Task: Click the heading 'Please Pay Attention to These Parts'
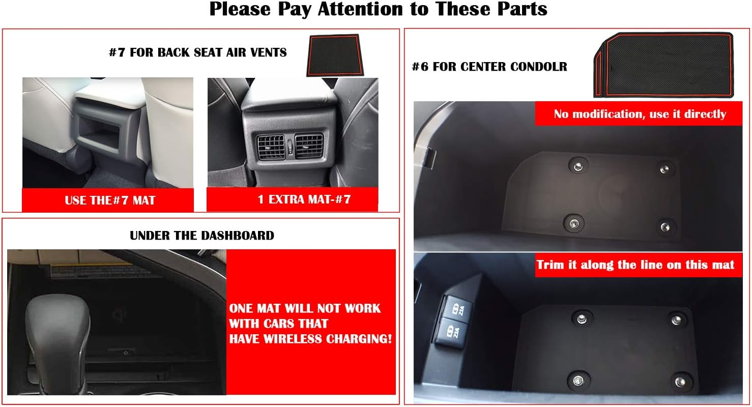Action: (x=378, y=9)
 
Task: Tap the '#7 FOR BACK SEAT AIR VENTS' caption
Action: (x=197, y=52)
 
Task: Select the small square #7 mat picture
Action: (x=333, y=55)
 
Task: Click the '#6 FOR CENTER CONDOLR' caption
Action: (x=489, y=67)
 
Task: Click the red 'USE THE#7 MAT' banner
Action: (x=107, y=200)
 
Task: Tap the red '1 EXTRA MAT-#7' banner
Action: (x=292, y=199)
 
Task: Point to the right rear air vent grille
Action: (x=309, y=146)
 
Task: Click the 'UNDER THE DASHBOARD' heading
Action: (x=201, y=236)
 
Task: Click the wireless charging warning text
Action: (x=310, y=324)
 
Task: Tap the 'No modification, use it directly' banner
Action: (x=640, y=114)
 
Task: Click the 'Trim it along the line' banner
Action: (x=635, y=265)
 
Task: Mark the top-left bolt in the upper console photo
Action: (x=577, y=165)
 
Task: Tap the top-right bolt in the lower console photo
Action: (x=676, y=319)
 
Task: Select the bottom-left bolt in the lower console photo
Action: (x=577, y=379)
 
